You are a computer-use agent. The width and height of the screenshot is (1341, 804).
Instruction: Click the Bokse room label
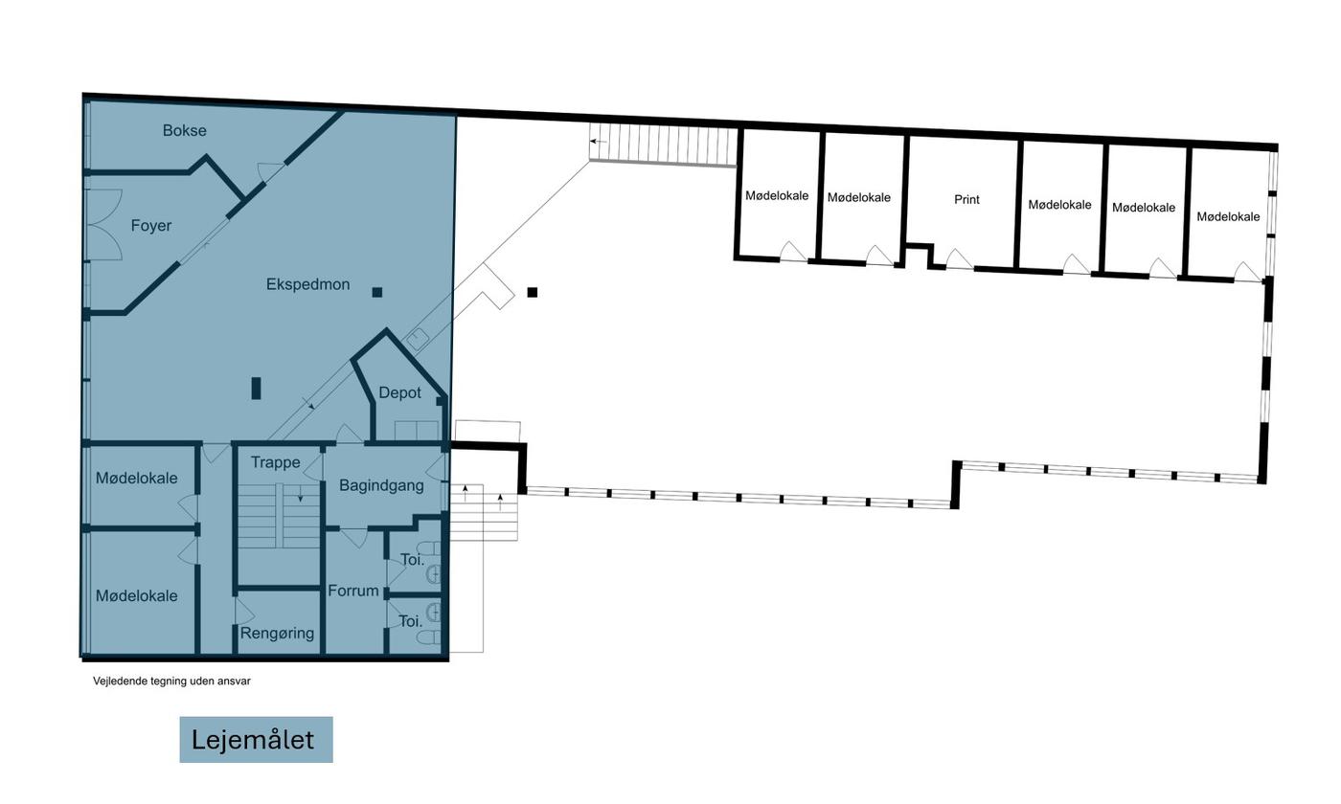click(x=184, y=130)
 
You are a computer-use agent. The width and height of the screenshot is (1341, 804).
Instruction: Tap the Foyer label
click(x=151, y=226)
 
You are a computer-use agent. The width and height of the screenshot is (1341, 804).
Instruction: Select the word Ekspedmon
click(x=307, y=284)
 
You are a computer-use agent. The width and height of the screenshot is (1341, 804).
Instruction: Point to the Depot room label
click(x=400, y=393)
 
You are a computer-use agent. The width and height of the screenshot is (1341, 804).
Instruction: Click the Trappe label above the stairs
click(x=276, y=462)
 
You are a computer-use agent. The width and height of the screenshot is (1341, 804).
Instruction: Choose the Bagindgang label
click(x=381, y=485)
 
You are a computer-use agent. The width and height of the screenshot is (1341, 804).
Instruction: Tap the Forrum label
click(x=353, y=592)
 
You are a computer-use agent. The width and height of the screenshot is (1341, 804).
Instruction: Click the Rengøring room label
click(x=277, y=633)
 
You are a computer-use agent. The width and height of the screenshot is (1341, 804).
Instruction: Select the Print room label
click(x=966, y=200)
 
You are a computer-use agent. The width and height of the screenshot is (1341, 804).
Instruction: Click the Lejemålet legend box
click(x=257, y=739)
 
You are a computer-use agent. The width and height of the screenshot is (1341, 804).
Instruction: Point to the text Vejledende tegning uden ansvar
click(x=171, y=681)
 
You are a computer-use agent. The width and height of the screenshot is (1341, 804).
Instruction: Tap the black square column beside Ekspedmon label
click(x=377, y=292)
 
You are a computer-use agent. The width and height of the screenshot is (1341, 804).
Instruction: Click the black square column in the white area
click(x=533, y=292)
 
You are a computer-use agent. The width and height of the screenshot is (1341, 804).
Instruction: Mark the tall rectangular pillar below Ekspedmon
click(x=257, y=389)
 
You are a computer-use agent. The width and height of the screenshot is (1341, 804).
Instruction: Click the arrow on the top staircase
click(x=598, y=142)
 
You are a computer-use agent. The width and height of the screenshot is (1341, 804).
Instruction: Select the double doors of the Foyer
click(x=105, y=225)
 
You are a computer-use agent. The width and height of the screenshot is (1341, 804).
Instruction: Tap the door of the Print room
click(x=959, y=258)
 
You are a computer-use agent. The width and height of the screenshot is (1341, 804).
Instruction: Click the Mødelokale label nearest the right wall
click(x=1228, y=216)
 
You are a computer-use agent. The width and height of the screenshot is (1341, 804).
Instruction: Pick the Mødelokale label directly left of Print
click(x=859, y=197)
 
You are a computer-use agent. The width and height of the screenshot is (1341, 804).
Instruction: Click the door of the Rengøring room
click(x=243, y=612)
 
